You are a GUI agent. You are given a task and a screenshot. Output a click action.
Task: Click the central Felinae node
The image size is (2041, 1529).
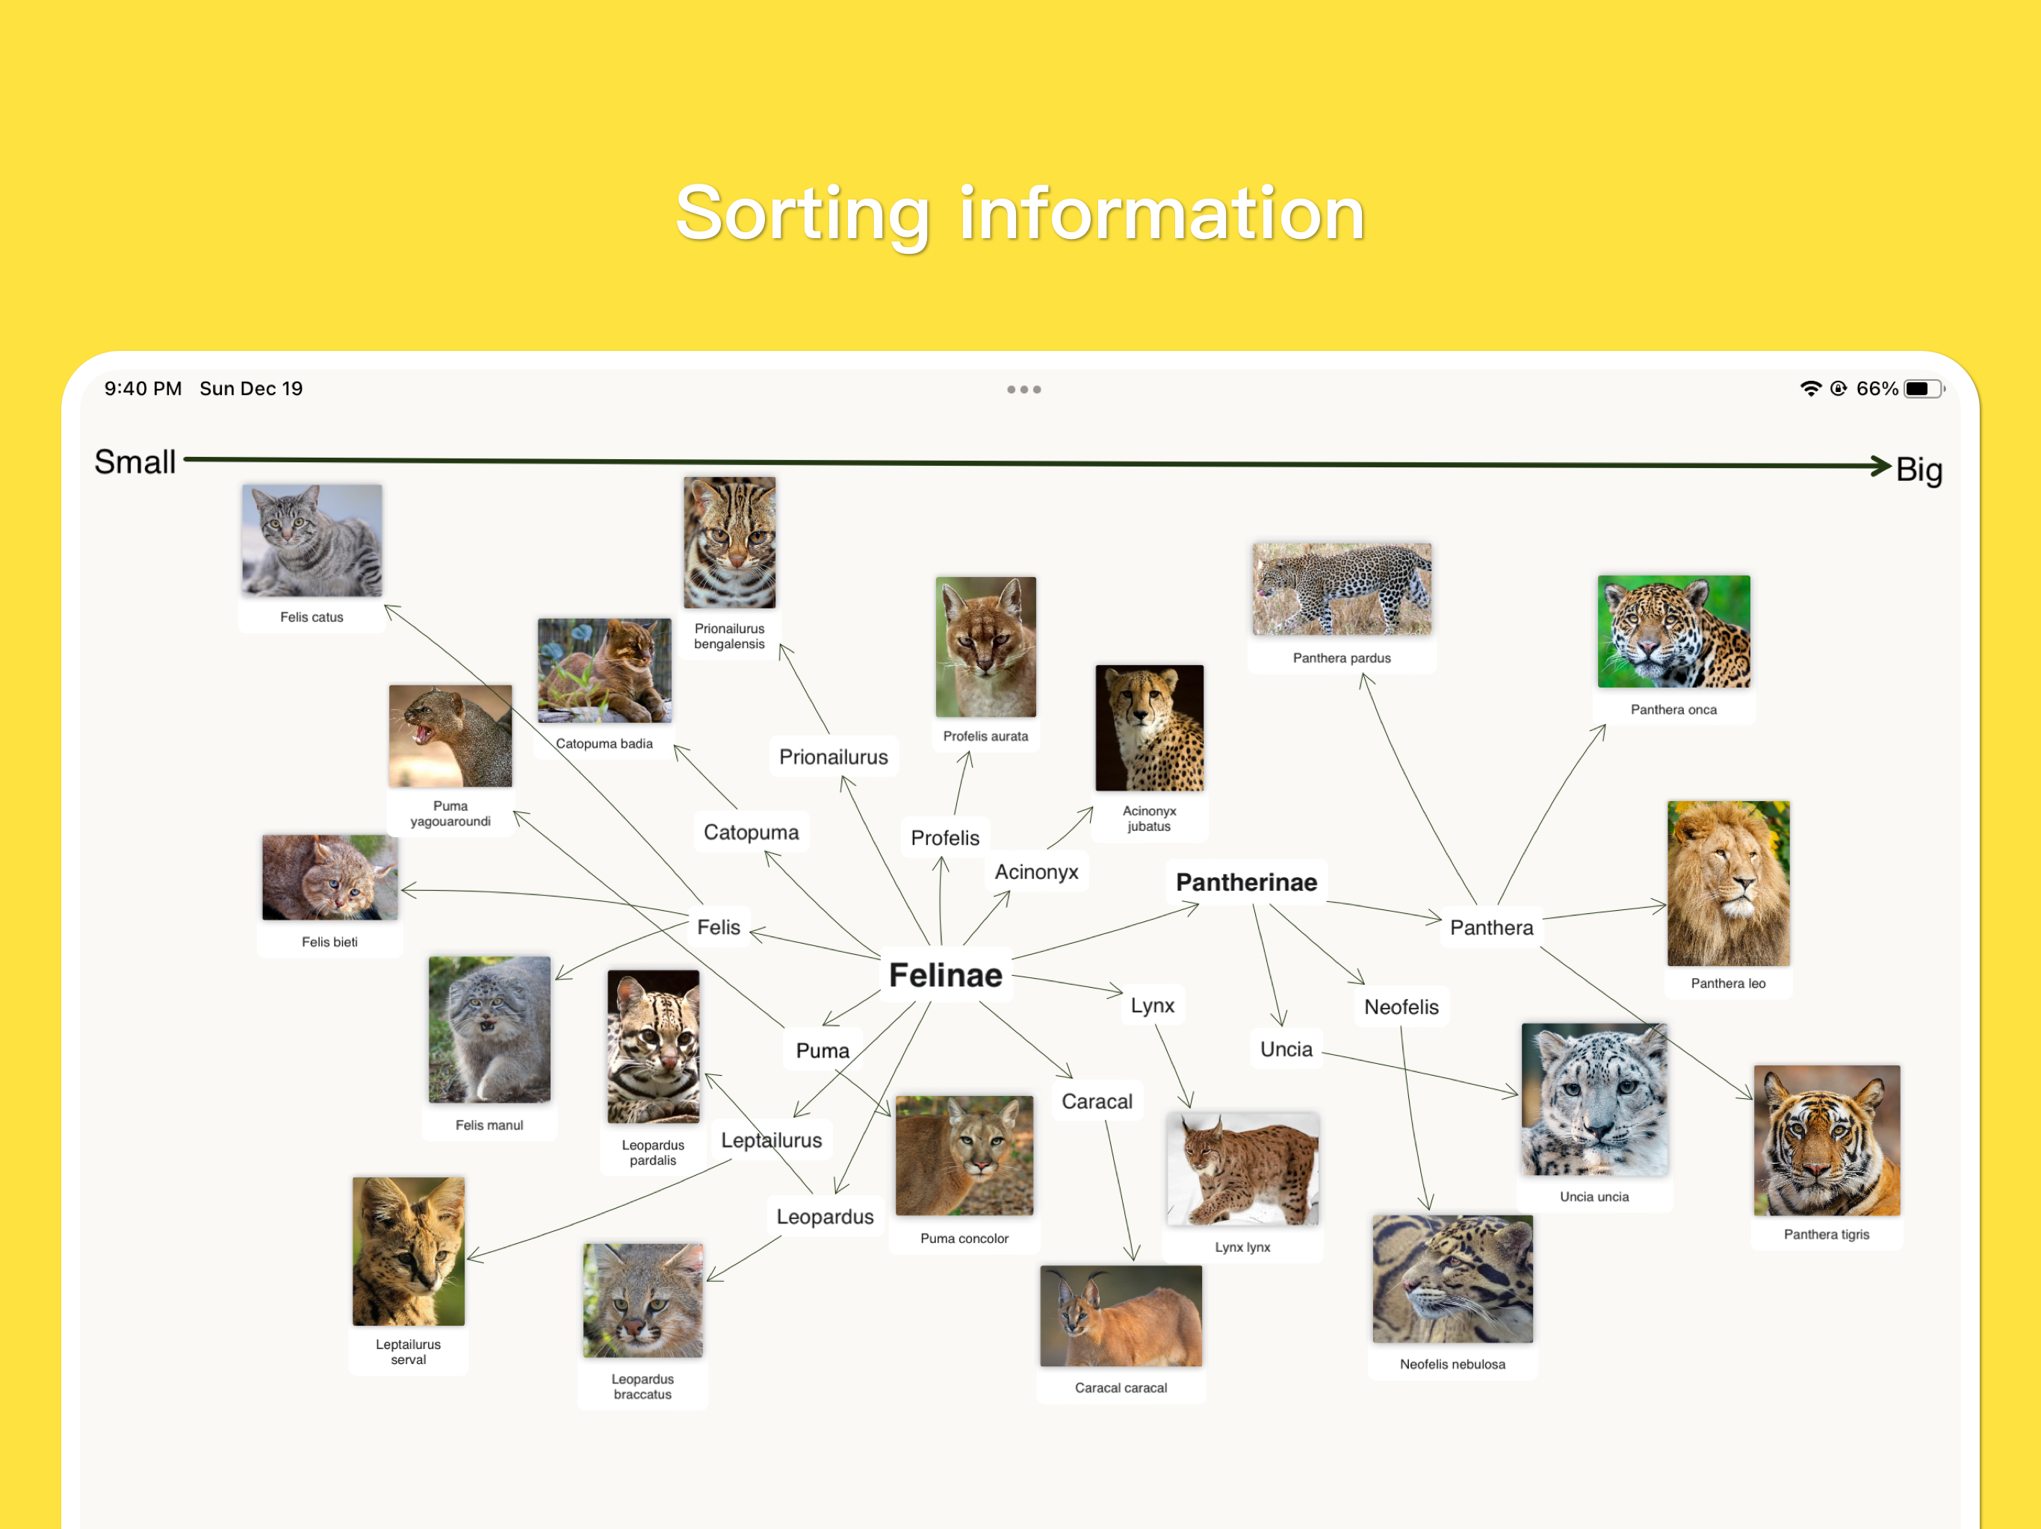coord(945,975)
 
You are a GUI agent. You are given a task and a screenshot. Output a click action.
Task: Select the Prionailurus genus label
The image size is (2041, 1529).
coord(833,757)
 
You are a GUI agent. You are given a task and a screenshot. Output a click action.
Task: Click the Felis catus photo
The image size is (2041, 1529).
coord(312,541)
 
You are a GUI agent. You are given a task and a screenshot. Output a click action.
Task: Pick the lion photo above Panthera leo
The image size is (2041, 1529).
coord(1728,883)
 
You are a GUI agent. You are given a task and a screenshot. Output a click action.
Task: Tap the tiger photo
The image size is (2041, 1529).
coord(1827,1141)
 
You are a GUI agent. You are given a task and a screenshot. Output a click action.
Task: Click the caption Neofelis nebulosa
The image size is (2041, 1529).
coord(1452,1364)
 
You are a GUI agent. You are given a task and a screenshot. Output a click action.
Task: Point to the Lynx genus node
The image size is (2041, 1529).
coord(1153,1005)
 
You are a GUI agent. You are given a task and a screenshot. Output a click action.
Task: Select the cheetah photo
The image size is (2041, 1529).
coord(1150,728)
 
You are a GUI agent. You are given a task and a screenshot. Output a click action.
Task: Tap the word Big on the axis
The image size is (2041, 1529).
coord(1919,470)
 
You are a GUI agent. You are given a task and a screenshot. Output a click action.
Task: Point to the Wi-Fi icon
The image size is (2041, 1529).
coord(1810,389)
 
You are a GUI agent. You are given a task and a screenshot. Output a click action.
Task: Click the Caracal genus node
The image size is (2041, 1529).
coord(1097,1101)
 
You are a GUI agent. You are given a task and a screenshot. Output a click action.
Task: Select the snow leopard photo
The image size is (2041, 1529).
coord(1594,1099)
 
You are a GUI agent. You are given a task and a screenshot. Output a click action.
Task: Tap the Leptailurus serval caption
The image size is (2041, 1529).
coord(408,1352)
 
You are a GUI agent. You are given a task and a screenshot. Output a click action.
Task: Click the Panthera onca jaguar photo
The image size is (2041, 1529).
coord(1673,632)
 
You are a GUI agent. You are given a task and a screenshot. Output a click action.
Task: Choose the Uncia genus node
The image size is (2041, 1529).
coord(1286,1050)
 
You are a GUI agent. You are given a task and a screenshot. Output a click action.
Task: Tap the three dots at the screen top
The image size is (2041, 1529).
coord(1024,389)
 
